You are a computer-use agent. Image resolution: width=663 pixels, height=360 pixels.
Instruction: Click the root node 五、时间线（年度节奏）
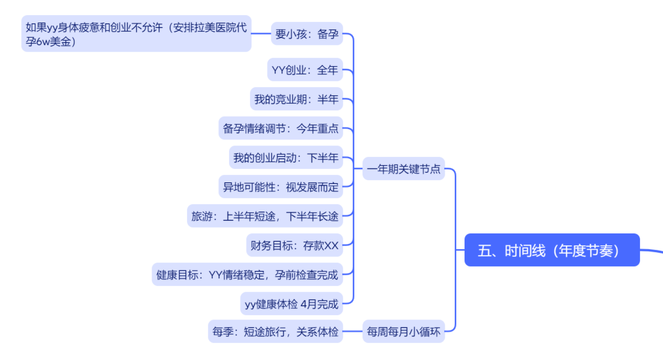pos(552,250)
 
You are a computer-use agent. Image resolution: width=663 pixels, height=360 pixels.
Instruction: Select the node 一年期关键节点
pos(404,169)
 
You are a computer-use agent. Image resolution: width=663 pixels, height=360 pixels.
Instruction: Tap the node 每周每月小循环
pos(404,331)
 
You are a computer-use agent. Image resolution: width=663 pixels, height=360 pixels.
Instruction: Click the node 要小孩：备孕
pos(307,34)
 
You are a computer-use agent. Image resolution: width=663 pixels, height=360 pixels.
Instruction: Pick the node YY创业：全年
pos(305,70)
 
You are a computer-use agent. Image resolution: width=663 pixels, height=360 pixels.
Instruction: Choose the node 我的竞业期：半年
pos(296,99)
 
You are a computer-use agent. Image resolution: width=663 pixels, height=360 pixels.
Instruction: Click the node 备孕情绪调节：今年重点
pos(281,128)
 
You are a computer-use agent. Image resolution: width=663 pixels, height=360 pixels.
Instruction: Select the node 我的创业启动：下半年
pos(286,157)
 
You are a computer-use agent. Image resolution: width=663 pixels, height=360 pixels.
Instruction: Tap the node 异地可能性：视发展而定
pos(281,187)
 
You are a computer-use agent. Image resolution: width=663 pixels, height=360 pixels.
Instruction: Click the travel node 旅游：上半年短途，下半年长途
pos(265,216)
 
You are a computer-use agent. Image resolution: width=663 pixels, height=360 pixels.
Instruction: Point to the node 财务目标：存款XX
pos(294,245)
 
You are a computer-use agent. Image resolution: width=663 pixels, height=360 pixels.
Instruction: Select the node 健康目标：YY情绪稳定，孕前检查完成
pos(247,275)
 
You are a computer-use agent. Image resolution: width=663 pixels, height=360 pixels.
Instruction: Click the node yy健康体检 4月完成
pos(292,304)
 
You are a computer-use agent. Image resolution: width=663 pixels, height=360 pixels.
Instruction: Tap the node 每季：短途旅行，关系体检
pos(276,331)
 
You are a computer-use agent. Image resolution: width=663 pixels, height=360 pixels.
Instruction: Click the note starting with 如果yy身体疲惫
pos(136,34)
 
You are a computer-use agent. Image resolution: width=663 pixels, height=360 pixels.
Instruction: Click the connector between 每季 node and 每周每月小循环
pos(353,331)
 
